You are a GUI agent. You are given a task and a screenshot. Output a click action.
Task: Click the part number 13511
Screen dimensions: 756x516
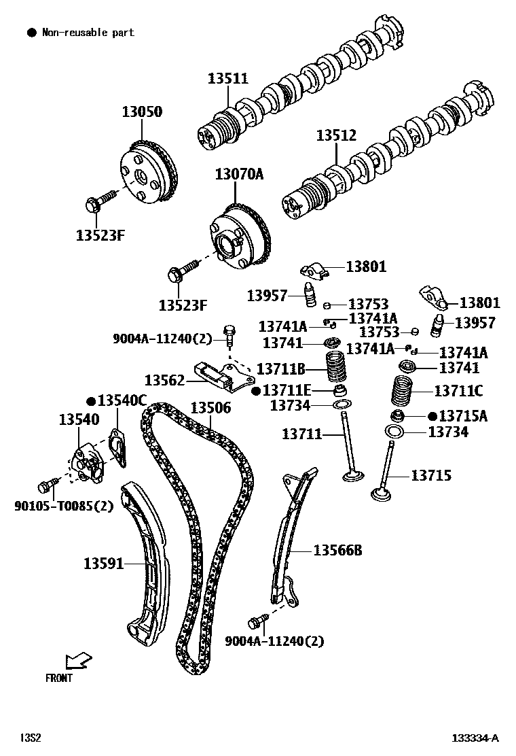(x=228, y=79)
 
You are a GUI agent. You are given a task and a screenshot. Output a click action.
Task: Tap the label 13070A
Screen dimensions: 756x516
(x=239, y=174)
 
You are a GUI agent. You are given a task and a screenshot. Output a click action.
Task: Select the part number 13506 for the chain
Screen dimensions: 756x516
(x=210, y=408)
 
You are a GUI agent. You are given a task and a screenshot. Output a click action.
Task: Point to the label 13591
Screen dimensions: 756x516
(x=104, y=563)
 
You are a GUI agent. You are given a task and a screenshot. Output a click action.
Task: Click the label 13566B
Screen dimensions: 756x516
(x=337, y=550)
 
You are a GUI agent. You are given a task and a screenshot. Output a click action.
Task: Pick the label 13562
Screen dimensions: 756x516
(x=165, y=379)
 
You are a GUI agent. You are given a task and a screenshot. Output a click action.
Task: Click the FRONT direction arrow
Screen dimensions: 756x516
(x=78, y=660)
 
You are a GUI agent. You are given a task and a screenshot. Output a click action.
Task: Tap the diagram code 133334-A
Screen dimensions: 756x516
(x=476, y=738)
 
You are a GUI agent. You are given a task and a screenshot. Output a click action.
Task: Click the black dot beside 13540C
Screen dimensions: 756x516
(x=90, y=400)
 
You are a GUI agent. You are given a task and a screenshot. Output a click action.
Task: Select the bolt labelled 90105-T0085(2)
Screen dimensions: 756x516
(x=46, y=485)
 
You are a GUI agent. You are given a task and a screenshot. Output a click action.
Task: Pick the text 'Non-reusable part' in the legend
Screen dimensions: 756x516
(x=88, y=32)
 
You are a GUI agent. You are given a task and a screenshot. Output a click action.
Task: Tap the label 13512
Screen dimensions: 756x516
(x=335, y=135)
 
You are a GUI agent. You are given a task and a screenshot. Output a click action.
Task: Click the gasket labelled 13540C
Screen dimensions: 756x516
(x=117, y=449)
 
